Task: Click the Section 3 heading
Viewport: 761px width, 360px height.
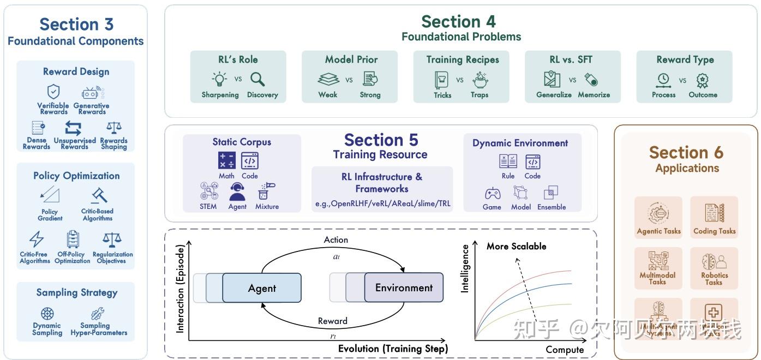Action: (76, 25)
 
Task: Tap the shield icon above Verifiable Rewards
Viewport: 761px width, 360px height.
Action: (53, 92)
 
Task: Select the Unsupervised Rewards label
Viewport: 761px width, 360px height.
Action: (75, 143)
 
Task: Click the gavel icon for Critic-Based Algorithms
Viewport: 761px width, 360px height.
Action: (99, 195)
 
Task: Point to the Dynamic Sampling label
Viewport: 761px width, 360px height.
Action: (47, 329)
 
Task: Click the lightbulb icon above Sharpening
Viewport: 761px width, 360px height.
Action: (220, 79)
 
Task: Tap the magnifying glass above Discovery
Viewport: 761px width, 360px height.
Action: (257, 79)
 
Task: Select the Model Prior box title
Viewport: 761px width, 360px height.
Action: (351, 59)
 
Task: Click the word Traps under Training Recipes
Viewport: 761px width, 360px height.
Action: (480, 95)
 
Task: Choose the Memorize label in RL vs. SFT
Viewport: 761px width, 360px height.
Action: (594, 95)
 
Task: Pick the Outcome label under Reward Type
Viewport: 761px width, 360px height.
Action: (703, 95)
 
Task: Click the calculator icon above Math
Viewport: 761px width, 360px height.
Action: (226, 160)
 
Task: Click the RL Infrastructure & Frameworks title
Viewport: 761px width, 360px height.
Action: (382, 183)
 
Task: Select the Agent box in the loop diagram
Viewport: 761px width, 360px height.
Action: (262, 288)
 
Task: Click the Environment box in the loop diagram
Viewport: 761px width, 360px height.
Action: (404, 287)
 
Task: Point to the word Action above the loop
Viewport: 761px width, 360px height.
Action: (335, 240)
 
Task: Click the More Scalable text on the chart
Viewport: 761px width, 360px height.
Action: (516, 247)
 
